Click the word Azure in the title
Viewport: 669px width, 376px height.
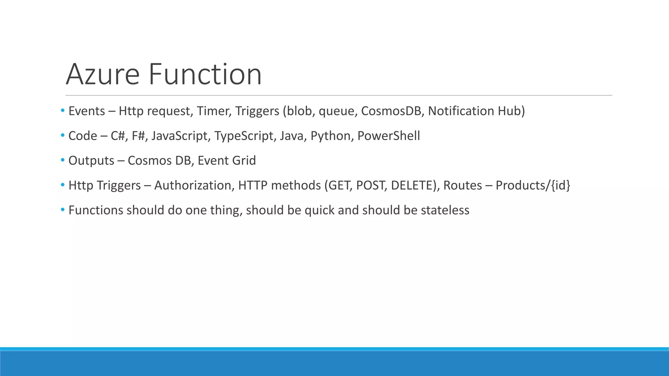pos(103,74)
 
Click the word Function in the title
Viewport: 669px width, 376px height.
pos(205,74)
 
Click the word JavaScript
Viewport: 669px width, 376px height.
pos(179,136)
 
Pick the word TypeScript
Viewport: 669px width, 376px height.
pos(244,136)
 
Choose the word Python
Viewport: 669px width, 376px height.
pos(330,136)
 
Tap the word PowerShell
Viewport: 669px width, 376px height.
pos(388,136)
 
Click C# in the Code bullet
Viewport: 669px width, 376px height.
pos(118,136)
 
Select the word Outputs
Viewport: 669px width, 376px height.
pos(91,161)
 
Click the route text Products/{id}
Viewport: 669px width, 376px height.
pos(533,185)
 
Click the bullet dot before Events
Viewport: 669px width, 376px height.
pos(63,111)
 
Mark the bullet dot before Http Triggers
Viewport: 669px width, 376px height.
pos(63,185)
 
